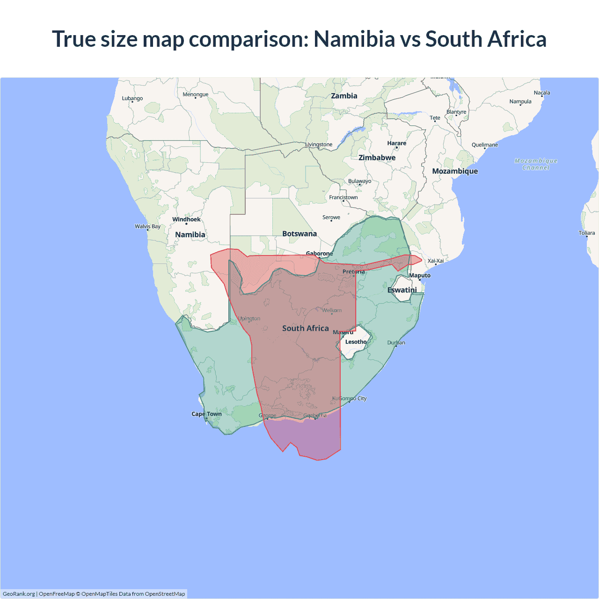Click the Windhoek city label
coord(186,219)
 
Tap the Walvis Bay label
coord(147,226)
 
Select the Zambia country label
coord(344,96)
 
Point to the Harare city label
coord(396,143)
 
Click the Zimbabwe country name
coord(377,158)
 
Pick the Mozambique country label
coord(455,171)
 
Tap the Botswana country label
coord(299,234)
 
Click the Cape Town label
coord(206,414)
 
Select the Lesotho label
coord(356,342)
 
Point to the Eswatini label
coord(402,290)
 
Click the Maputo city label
coord(420,276)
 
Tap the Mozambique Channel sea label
coord(536,164)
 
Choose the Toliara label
coord(586,233)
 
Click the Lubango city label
coord(132,98)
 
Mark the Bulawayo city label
coord(359,181)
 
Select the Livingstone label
coord(319,145)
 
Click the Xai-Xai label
coord(436,261)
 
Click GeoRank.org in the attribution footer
coord(19,594)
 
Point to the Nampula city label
coord(520,102)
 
